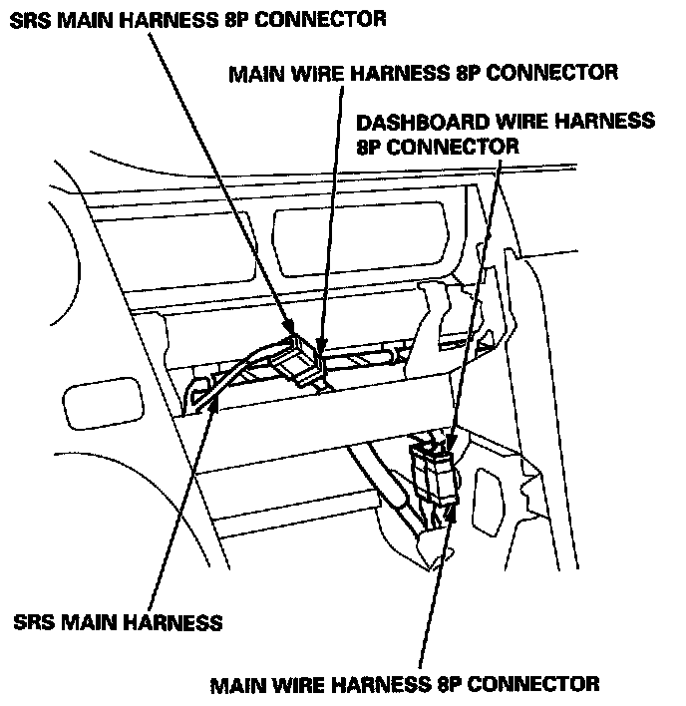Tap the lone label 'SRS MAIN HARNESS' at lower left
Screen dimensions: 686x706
pos(118,623)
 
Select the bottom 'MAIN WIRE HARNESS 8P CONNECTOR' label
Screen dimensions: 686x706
pos(405,684)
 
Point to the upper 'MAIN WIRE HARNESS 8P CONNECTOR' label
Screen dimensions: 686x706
pos(424,73)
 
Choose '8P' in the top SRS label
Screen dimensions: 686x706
pos(234,19)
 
